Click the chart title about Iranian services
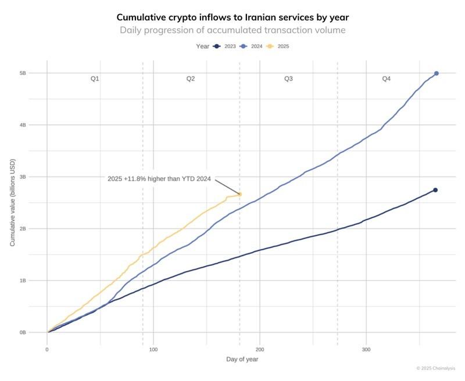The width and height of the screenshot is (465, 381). (233, 17)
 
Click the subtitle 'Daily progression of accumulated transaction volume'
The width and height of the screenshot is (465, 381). (233, 30)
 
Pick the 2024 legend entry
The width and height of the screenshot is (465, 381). (251, 46)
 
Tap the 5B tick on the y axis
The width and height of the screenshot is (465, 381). (39, 73)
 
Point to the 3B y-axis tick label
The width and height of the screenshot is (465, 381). (39, 177)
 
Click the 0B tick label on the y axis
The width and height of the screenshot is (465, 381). (39, 333)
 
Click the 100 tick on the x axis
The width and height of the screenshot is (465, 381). (153, 350)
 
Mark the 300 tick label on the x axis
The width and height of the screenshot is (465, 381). (366, 350)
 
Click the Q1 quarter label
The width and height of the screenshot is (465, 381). (95, 78)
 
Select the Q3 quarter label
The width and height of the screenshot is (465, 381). (288, 78)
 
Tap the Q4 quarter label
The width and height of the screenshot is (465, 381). (386, 78)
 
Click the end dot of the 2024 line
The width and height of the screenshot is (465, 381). (437, 73)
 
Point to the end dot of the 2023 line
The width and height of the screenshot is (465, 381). (435, 190)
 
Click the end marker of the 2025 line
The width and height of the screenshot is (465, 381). (240, 194)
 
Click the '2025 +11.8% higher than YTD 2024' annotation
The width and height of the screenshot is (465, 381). (159, 179)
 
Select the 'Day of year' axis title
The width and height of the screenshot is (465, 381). (242, 360)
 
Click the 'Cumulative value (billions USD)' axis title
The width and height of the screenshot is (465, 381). (13, 203)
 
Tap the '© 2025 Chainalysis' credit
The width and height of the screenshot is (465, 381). (436, 368)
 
